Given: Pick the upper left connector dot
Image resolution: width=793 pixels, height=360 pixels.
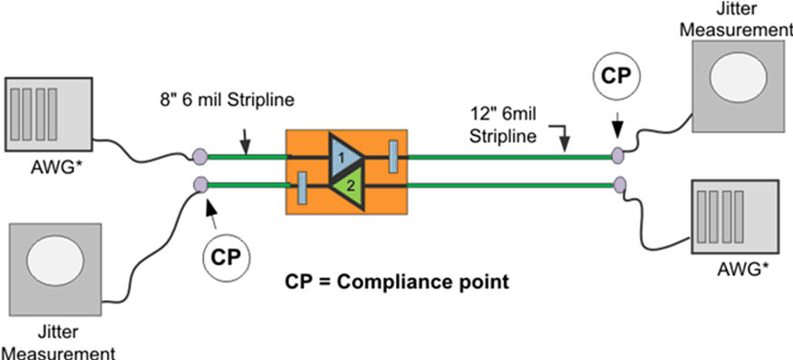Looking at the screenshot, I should click(x=200, y=158).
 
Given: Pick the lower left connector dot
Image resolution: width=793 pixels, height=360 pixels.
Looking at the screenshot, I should click(x=200, y=186).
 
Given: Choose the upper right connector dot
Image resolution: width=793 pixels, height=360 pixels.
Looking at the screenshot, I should click(x=619, y=157).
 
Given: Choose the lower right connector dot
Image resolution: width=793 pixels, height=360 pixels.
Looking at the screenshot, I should click(x=619, y=187).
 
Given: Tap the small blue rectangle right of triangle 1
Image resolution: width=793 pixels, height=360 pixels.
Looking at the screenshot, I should click(x=392, y=155).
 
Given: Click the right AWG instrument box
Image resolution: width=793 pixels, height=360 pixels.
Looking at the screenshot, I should click(x=734, y=213).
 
